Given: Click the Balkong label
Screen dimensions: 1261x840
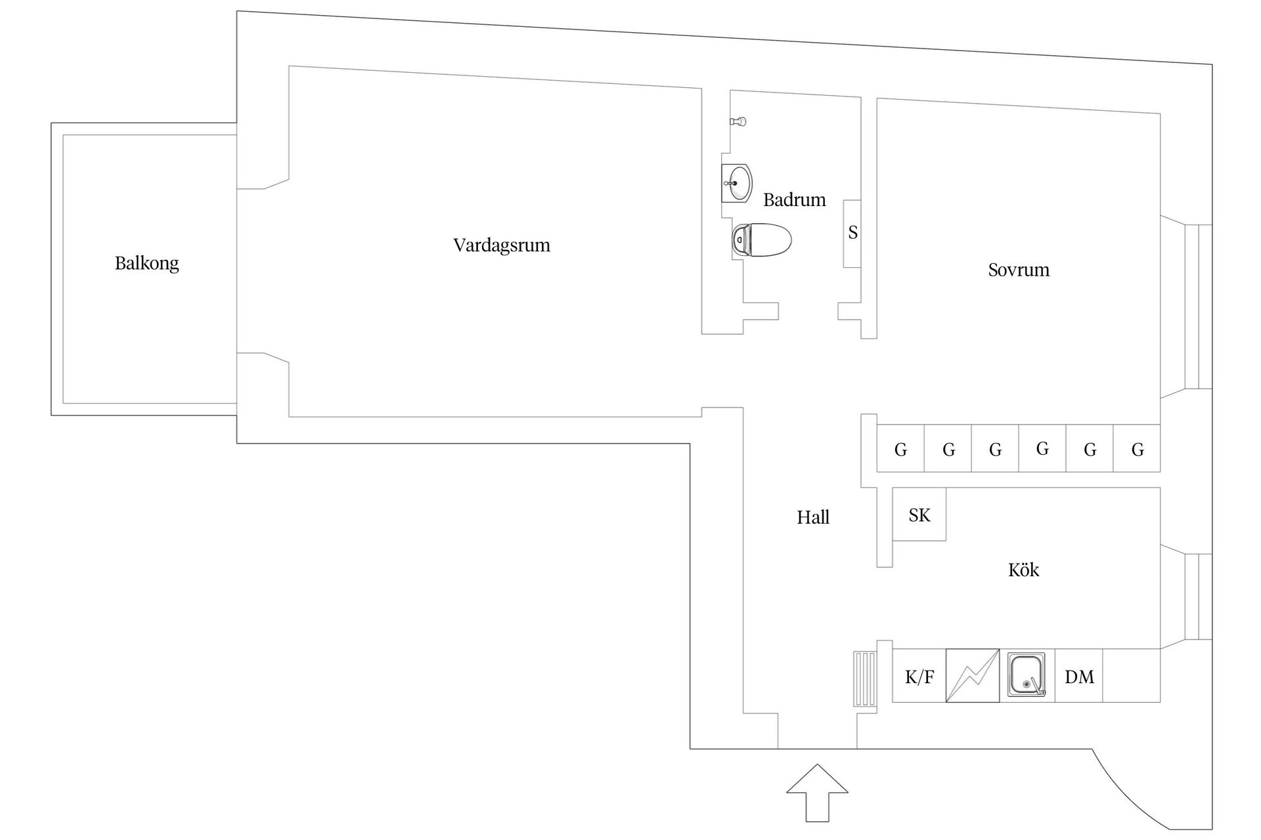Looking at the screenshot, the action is pyautogui.click(x=146, y=263).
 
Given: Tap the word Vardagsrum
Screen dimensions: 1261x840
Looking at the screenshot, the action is pyautogui.click(x=502, y=245).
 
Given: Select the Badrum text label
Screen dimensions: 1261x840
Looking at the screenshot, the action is pyautogui.click(x=795, y=199).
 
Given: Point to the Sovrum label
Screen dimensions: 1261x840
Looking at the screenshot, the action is pyautogui.click(x=1019, y=270).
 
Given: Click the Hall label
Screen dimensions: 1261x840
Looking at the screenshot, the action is pyautogui.click(x=813, y=517).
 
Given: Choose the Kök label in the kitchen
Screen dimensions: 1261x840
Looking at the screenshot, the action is pyautogui.click(x=1023, y=569).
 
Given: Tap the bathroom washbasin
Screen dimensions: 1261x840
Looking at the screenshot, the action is pyautogui.click(x=737, y=183).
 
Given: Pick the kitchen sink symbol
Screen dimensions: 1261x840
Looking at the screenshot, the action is pyautogui.click(x=1027, y=675).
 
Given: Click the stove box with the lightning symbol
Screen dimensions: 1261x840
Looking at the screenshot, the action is pyautogui.click(x=973, y=675).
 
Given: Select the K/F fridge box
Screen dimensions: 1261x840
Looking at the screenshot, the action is pyautogui.click(x=919, y=675).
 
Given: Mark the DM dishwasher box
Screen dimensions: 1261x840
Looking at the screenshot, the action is pyautogui.click(x=1078, y=675).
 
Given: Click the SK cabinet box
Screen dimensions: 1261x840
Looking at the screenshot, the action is pyautogui.click(x=919, y=514).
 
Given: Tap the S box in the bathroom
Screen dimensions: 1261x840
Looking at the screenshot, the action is pyautogui.click(x=852, y=233).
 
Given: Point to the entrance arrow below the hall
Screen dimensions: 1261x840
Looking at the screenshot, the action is pyautogui.click(x=817, y=793).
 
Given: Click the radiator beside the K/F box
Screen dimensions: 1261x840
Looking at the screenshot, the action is pyautogui.click(x=865, y=679).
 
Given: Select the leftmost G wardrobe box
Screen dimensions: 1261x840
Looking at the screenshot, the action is pyautogui.click(x=900, y=448).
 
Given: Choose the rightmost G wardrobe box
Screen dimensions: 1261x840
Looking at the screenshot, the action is pyautogui.click(x=1137, y=448).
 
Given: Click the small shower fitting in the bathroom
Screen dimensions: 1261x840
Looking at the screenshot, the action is pyautogui.click(x=739, y=121).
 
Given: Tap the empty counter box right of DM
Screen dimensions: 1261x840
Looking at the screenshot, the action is pyautogui.click(x=1132, y=675).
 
